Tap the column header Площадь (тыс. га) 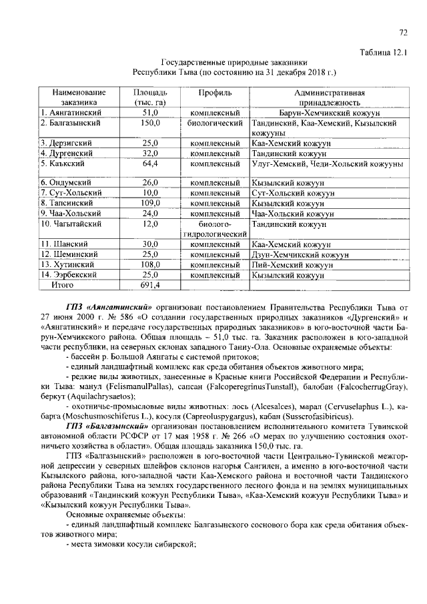tap(149, 97)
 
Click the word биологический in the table tap(214, 123)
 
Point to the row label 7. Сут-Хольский tap(71, 193)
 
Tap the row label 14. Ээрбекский tap(69, 274)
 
